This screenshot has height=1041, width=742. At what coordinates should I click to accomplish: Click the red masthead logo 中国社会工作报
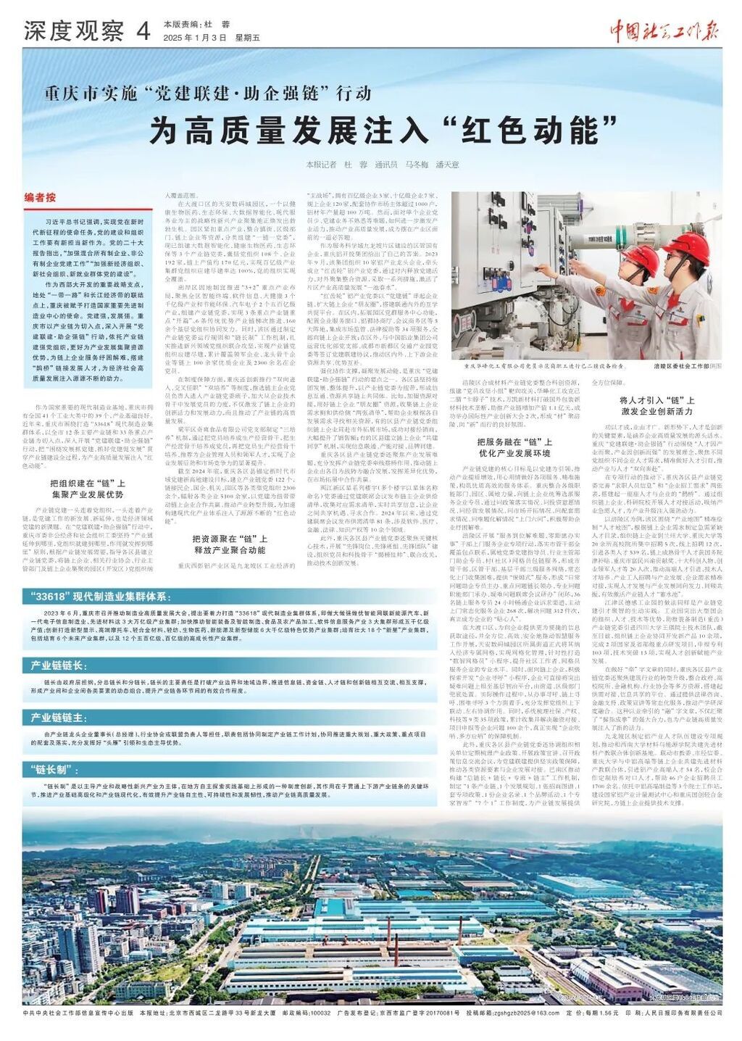[663, 30]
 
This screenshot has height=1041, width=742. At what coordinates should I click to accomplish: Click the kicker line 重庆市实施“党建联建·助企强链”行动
[208, 94]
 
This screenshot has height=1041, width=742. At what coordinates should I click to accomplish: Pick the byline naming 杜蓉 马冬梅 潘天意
[382, 165]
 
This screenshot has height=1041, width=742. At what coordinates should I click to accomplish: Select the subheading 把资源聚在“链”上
[230, 538]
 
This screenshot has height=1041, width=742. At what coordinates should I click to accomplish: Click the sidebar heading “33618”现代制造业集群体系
[99, 597]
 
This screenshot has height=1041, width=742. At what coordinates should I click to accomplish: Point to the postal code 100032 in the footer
[320, 1013]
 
